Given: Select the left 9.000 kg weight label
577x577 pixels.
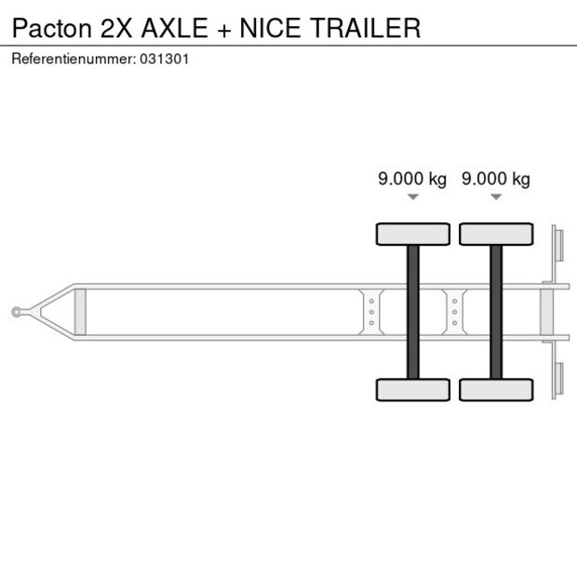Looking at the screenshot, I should (x=412, y=179).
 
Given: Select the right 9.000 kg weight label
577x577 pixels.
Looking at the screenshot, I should (x=496, y=179).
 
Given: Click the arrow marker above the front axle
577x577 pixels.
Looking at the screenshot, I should (x=412, y=196).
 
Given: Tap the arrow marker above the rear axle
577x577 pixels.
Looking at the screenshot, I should (x=496, y=196).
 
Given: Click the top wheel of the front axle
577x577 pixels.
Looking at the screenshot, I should (x=412, y=234).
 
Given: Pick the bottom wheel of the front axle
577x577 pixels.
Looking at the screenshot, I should (x=412, y=389).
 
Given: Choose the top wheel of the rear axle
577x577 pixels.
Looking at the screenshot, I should (x=496, y=234).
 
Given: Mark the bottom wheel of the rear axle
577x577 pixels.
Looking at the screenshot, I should (x=496, y=389).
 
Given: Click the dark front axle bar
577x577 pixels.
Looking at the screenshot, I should (x=412, y=311).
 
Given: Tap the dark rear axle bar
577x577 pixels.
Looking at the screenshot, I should (x=496, y=311).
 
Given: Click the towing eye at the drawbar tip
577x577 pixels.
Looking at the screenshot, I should (x=18, y=312).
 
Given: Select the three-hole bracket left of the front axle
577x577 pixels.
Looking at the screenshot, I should (x=371, y=311).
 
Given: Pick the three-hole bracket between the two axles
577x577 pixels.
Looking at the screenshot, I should (x=454, y=311).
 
